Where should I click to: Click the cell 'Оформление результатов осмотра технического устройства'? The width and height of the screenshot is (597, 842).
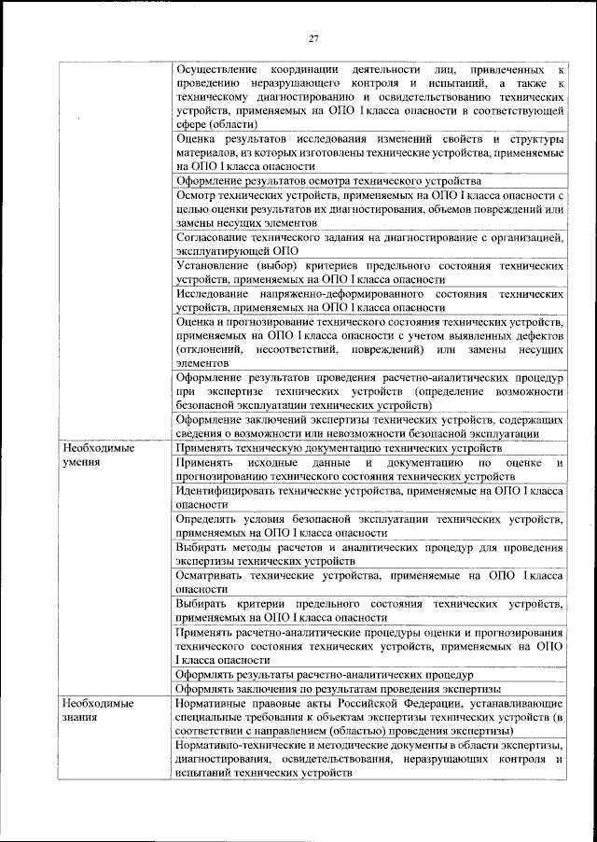(x=328, y=180)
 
